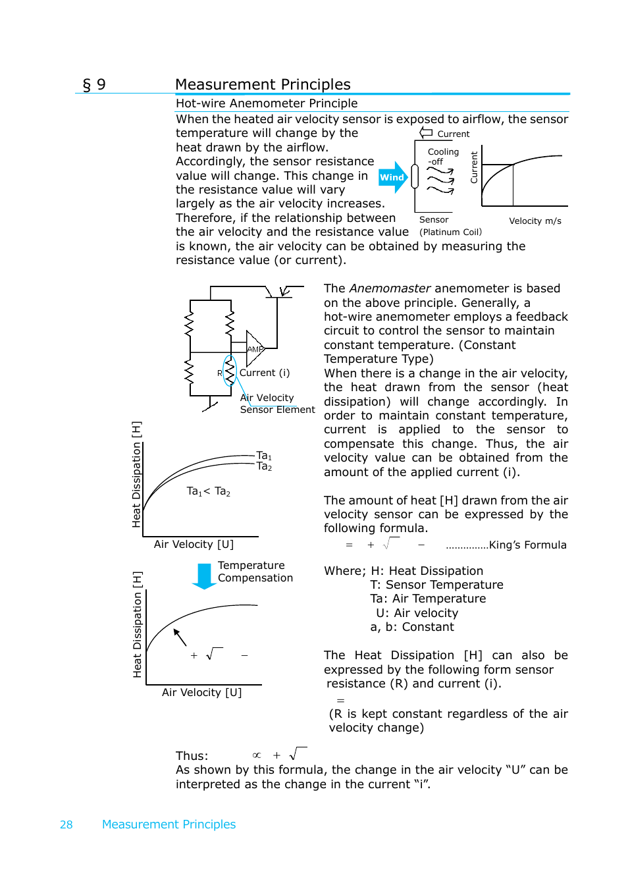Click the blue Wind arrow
pos(393,177)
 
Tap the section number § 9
pos(94,84)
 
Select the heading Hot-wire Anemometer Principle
pos(267,103)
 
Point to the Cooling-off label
pos(442,156)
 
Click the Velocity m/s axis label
pos(535,221)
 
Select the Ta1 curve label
pos(264,456)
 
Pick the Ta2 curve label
pos(264,466)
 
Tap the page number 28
pos(66,824)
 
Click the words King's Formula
pos(527,545)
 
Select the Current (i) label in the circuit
pos(265,373)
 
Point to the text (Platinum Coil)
pos(450,232)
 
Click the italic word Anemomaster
pos(390,288)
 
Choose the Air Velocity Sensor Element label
pos(276,404)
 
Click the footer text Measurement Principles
pos(169,824)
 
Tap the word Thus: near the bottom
pos(192,755)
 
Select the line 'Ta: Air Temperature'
pos(428,599)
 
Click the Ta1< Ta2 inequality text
pos(208,491)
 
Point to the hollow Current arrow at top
pos(427,133)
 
